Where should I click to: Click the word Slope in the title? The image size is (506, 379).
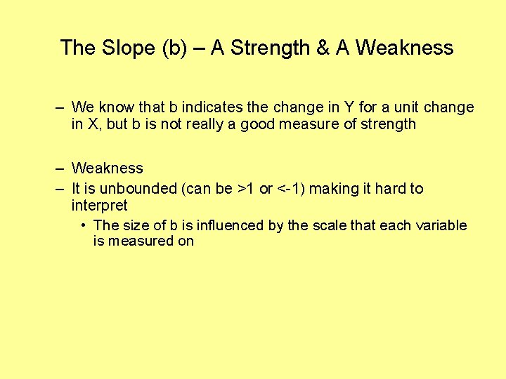pos(126,48)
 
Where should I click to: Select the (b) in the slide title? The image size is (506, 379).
pos(176,48)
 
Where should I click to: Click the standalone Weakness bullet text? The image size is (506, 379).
pos(107,168)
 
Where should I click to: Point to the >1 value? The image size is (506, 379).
pos(245,189)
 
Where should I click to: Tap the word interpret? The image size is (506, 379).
pos(99,206)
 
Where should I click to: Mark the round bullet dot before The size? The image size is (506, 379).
pos(84,225)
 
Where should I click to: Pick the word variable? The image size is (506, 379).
pos(442,225)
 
